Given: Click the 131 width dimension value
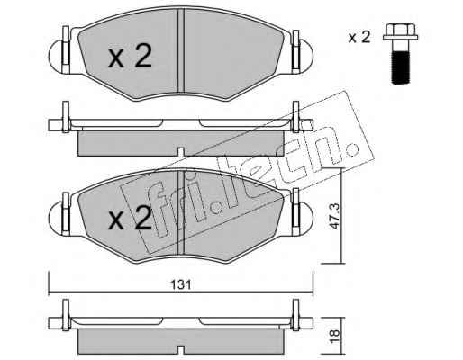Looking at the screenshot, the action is coord(181,284).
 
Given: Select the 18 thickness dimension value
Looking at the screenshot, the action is coord(334,333).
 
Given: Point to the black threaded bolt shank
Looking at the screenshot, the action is coord(401,67).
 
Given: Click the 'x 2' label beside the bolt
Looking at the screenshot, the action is coord(359,37).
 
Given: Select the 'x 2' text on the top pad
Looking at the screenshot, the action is coord(130,56).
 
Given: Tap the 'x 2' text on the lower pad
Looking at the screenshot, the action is coord(130,218).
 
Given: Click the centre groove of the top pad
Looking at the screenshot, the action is coord(180,50).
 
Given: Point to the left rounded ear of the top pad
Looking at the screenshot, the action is coord(55,56).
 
